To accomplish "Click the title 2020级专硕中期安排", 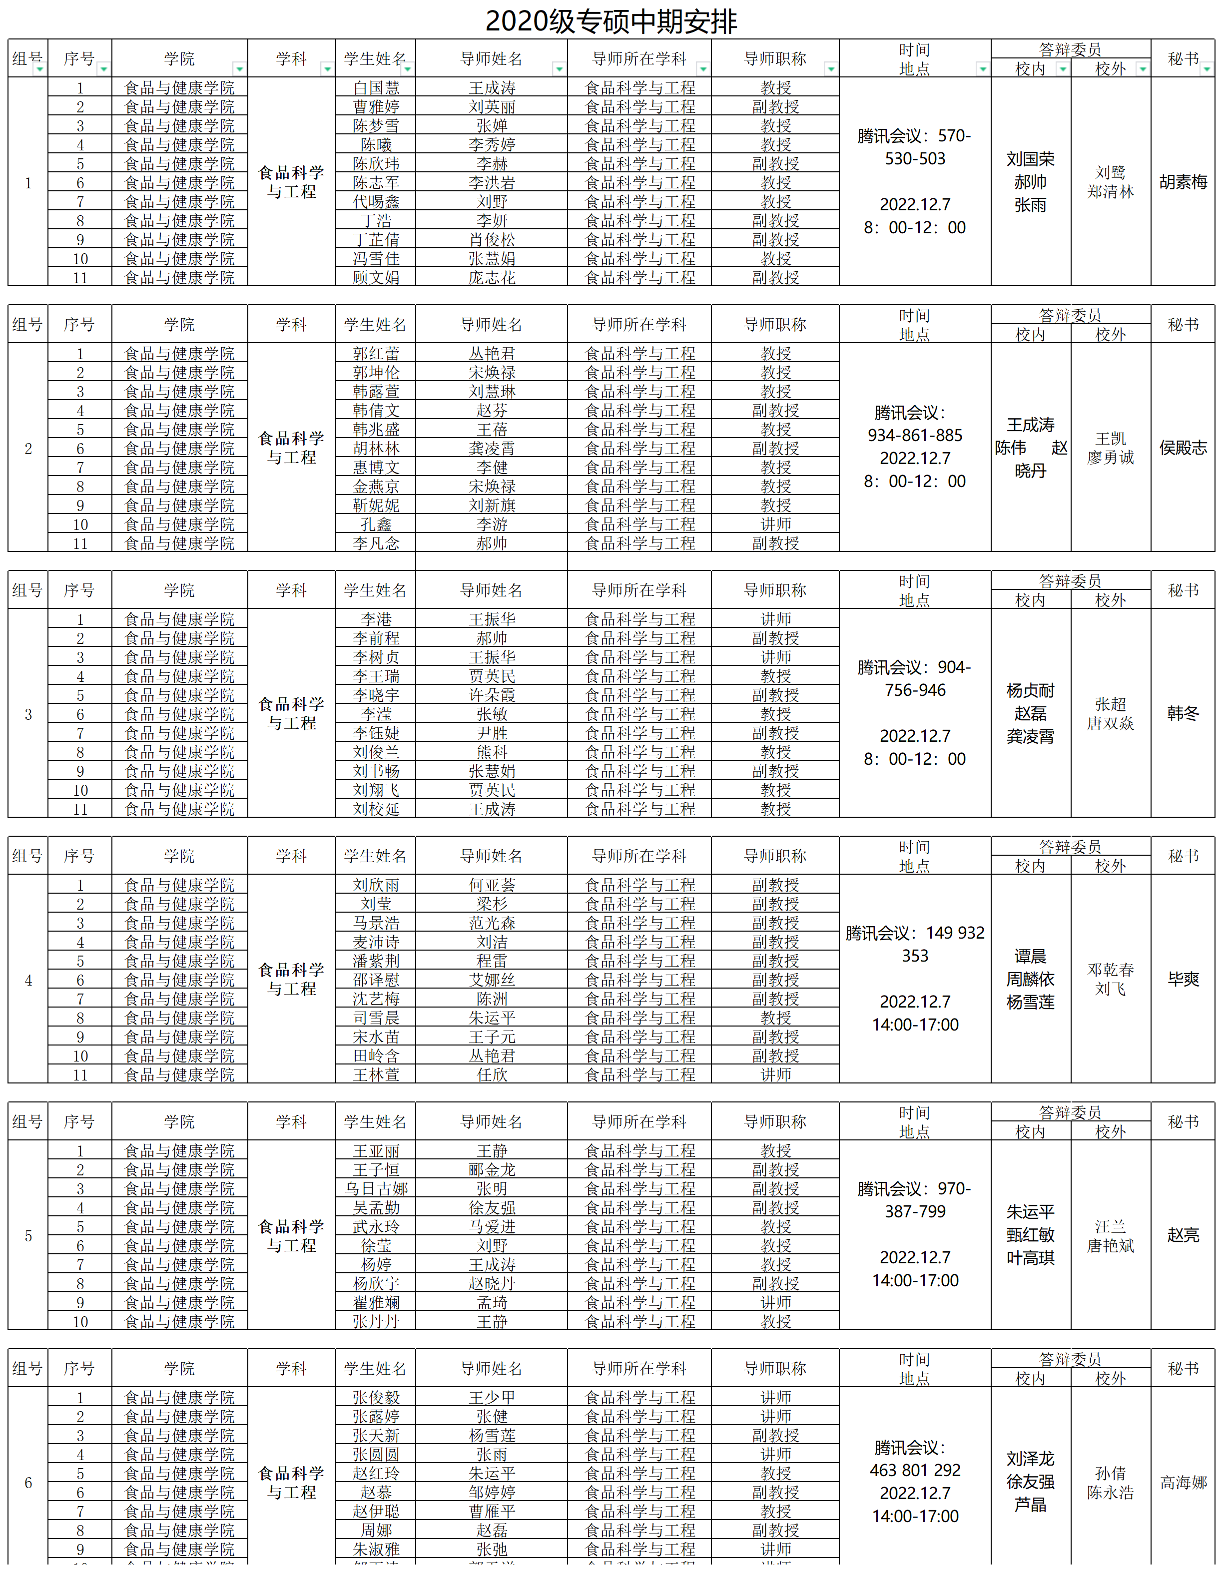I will (x=611, y=21).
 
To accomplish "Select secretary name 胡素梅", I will (x=1183, y=182).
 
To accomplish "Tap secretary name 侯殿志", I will (x=1183, y=448).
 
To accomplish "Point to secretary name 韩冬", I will (x=1183, y=713).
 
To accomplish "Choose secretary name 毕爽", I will (x=1183, y=979).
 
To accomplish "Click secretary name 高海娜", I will (x=1183, y=1482).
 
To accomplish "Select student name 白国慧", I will (x=376, y=88).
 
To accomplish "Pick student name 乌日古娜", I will (x=376, y=1188).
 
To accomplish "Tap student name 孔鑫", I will (x=376, y=524).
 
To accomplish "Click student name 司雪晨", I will (x=376, y=1018).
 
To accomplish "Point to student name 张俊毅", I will (x=376, y=1397).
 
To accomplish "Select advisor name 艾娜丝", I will (x=492, y=980).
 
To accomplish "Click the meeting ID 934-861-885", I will (x=914, y=436).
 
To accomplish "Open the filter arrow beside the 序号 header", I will (x=103, y=69).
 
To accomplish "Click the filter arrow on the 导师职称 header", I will (x=831, y=69).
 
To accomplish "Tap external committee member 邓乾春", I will (x=1110, y=970).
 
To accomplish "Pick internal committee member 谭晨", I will (x=1030, y=957).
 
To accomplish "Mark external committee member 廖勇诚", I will (x=1110, y=458).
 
